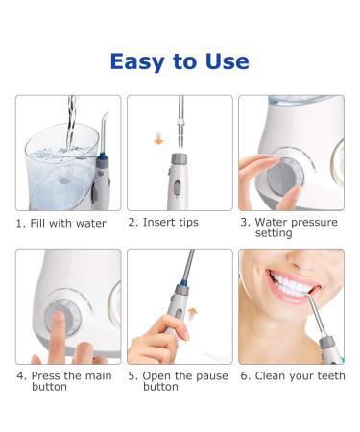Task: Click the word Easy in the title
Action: click(x=137, y=61)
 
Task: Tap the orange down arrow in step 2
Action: click(x=158, y=140)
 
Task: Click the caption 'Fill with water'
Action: click(x=68, y=223)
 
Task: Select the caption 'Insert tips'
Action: click(x=171, y=222)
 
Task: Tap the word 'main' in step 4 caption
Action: click(x=96, y=375)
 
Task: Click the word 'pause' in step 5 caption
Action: click(x=211, y=376)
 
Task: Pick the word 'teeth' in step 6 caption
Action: click(x=330, y=375)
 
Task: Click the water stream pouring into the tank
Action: click(x=71, y=122)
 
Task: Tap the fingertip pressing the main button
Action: click(x=58, y=319)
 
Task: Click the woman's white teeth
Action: click(x=290, y=283)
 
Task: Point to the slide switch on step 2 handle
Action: click(x=177, y=188)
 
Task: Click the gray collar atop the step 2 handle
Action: click(x=180, y=159)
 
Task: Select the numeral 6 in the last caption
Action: click(x=244, y=376)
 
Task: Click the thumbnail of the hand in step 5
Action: click(x=184, y=335)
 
